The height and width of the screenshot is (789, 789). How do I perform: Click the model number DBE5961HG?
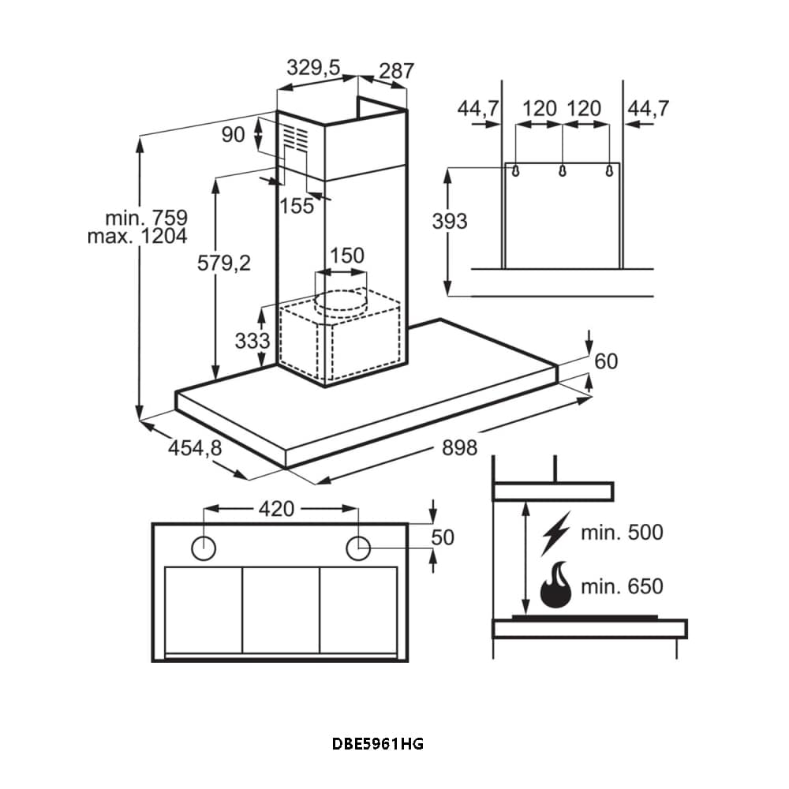tap(378, 743)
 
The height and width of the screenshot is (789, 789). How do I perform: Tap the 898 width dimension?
tap(459, 448)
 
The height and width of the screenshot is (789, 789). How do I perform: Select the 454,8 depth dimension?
tap(195, 448)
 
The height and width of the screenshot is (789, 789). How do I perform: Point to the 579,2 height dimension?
tap(223, 264)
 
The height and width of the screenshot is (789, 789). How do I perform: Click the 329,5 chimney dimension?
tap(312, 69)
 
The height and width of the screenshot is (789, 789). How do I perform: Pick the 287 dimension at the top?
tap(396, 71)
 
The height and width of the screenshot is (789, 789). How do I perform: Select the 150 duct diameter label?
tap(347, 256)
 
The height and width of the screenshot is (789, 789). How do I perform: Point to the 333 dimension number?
tap(252, 341)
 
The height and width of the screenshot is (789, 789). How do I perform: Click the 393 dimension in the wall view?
tap(449, 222)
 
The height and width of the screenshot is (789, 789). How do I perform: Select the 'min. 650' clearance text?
tap(622, 586)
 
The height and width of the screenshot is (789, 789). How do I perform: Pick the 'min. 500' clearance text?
tap(622, 533)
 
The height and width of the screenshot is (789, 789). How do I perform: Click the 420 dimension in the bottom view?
tap(276, 509)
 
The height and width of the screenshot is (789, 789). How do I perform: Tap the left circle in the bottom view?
tap(204, 546)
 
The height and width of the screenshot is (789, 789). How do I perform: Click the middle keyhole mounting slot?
tap(562, 170)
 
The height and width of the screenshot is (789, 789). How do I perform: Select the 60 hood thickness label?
tap(606, 361)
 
